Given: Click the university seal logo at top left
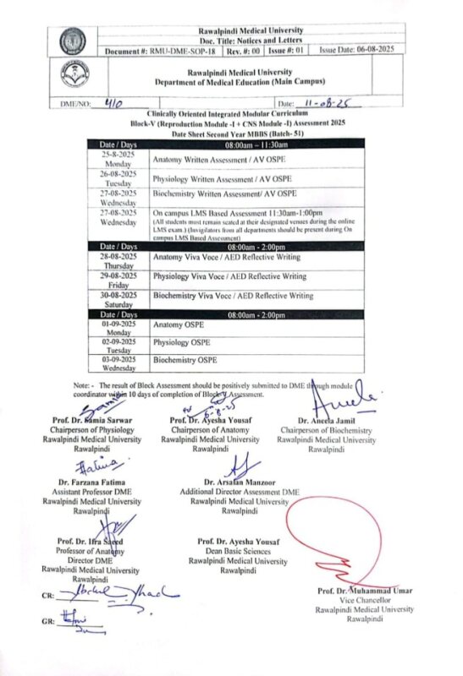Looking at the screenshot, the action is pos(73,40).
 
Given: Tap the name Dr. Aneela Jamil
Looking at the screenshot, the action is pos(330,419).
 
